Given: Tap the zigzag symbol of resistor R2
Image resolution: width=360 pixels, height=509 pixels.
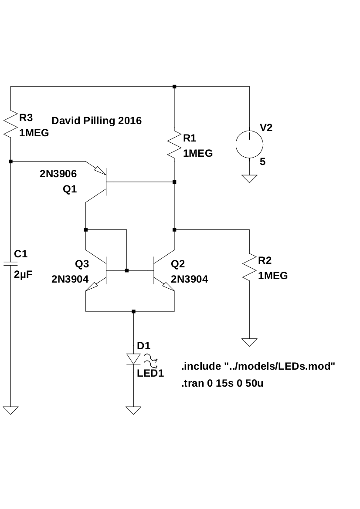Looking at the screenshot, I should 249,267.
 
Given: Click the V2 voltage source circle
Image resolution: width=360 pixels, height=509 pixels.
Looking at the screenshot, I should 249,144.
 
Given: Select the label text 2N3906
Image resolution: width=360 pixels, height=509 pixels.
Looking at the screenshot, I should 58,174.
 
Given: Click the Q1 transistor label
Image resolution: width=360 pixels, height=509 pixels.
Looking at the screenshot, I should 70,189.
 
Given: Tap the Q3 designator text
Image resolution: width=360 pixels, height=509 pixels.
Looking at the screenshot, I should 82,263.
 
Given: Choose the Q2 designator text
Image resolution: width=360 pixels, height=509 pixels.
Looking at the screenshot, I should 178,263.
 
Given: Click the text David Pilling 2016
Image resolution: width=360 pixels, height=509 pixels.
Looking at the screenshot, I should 96,121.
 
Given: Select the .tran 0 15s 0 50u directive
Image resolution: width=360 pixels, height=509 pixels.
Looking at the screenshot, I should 222,384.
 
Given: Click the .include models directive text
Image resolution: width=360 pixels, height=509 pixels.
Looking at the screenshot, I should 258,367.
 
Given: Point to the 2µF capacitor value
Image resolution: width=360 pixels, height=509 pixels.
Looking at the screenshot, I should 24,275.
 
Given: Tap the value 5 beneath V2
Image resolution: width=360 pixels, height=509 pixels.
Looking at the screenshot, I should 262,162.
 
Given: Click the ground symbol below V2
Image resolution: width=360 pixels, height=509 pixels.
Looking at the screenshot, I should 249,179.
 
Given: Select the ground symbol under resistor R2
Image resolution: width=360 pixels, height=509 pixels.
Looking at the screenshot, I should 249,342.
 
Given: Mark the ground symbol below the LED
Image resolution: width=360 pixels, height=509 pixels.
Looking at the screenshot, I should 133,410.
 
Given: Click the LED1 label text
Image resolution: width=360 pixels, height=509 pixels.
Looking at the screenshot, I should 150,373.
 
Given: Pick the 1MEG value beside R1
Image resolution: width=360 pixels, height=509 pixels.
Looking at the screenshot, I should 198,153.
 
